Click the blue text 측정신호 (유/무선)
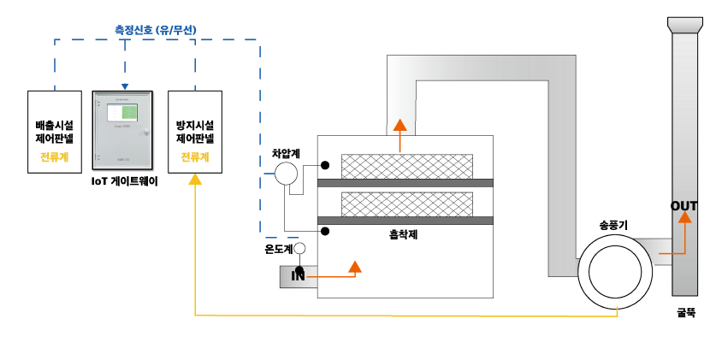[x=156, y=30]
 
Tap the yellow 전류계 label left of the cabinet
[x=54, y=157]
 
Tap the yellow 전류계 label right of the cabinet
[x=195, y=157]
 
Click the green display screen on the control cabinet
[x=122, y=112]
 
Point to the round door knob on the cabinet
[x=146, y=133]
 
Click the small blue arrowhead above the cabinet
[x=125, y=86]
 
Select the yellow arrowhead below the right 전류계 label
[x=195, y=180]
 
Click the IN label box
[x=298, y=276]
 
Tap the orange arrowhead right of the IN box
[x=355, y=267]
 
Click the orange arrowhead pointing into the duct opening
[x=399, y=125]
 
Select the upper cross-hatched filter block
[x=407, y=167]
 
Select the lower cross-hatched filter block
[x=407, y=204]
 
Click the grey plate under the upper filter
[x=405, y=183]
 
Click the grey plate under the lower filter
[x=405, y=221]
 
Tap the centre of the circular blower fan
[x=615, y=272]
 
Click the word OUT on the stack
[x=684, y=206]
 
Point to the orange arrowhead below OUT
[x=684, y=217]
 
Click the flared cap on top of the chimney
[x=685, y=26]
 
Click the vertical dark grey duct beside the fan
[x=562, y=180]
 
